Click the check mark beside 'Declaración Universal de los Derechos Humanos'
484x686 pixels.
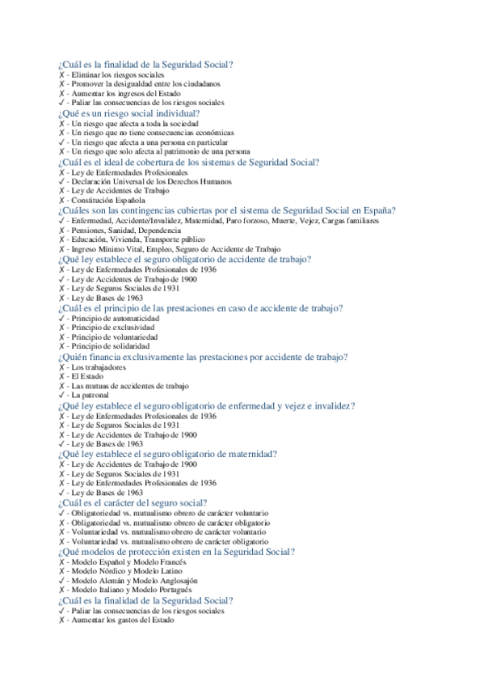pyautogui.click(x=61, y=181)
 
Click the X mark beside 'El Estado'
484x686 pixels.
pyautogui.click(x=61, y=376)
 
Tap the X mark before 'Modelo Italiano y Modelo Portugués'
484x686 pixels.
pyautogui.click(x=61, y=591)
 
